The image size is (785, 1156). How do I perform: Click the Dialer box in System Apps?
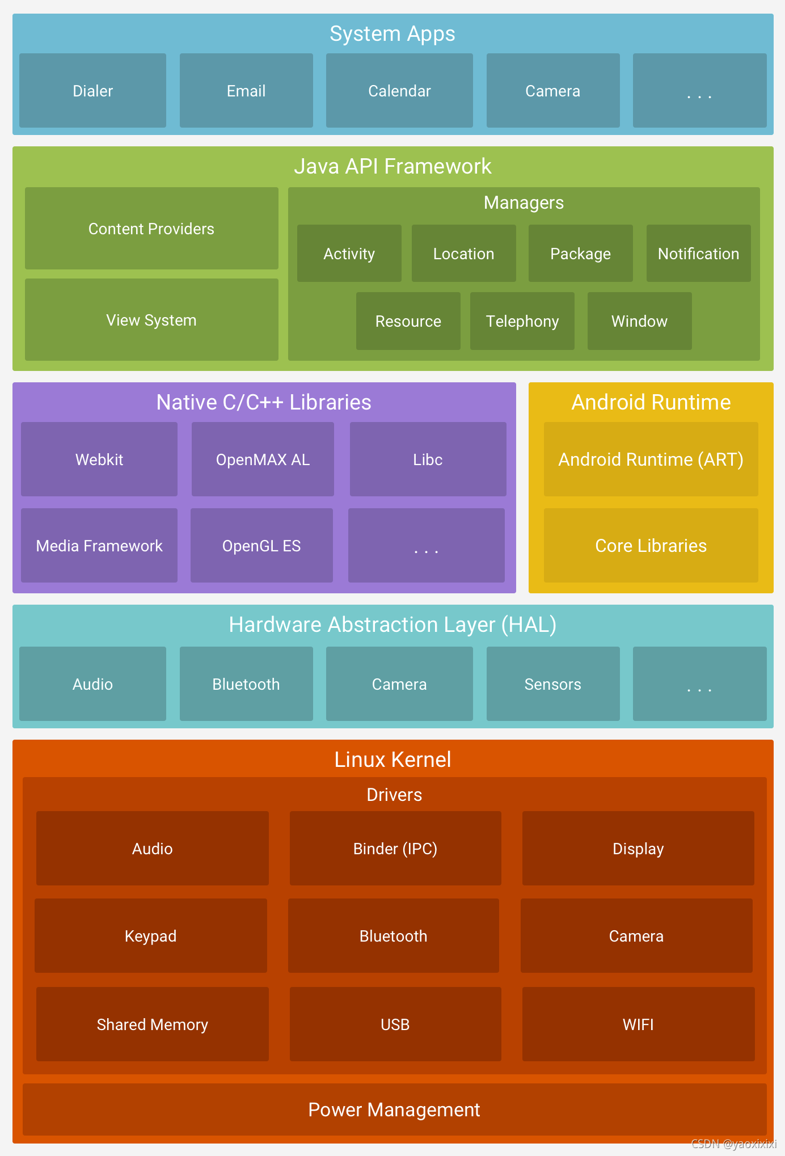point(92,91)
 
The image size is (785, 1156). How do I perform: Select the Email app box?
point(246,91)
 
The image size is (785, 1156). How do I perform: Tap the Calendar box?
point(399,91)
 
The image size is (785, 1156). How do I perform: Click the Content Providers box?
point(151,229)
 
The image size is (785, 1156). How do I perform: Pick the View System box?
point(151,320)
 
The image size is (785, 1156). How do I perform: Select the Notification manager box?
point(698,254)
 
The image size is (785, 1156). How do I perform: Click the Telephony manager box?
point(522,321)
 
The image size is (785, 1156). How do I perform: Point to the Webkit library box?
point(99,459)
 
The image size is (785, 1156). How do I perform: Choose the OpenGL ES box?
point(261,546)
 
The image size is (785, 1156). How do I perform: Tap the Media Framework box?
point(99,546)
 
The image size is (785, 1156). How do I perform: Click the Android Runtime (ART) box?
point(651,459)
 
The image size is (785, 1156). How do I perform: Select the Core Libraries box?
point(651,546)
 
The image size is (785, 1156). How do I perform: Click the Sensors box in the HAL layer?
point(553,684)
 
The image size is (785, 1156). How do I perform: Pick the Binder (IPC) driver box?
point(395,849)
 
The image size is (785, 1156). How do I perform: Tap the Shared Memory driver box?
point(152,1024)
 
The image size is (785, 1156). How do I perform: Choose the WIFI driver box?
point(638,1024)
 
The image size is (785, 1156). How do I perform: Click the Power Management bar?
point(394,1109)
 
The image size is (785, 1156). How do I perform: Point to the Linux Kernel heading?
point(392,760)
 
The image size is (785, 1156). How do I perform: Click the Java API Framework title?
point(392,166)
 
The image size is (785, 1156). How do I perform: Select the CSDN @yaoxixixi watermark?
point(734,1144)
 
